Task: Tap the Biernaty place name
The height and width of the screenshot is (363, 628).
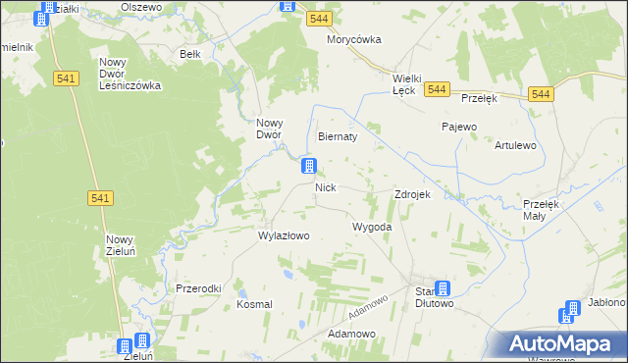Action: click(338, 137)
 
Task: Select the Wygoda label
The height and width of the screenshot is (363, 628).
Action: click(373, 227)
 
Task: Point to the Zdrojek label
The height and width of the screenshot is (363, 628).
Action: click(412, 194)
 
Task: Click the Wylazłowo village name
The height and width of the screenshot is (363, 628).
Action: click(284, 235)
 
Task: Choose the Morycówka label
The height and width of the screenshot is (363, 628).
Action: click(353, 40)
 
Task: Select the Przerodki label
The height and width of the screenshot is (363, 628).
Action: click(198, 288)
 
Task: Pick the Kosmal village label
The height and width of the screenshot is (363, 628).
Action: click(254, 305)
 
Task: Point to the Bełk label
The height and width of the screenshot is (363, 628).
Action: click(190, 55)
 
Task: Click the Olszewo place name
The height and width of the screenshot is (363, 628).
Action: click(140, 6)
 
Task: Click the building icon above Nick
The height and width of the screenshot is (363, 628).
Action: click(309, 168)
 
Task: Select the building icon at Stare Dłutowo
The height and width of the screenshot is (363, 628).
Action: click(443, 288)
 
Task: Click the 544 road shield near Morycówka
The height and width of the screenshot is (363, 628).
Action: click(317, 19)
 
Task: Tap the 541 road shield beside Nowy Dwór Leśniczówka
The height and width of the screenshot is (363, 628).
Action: click(68, 79)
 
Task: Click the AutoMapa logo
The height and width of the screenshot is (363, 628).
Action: click(562, 344)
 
